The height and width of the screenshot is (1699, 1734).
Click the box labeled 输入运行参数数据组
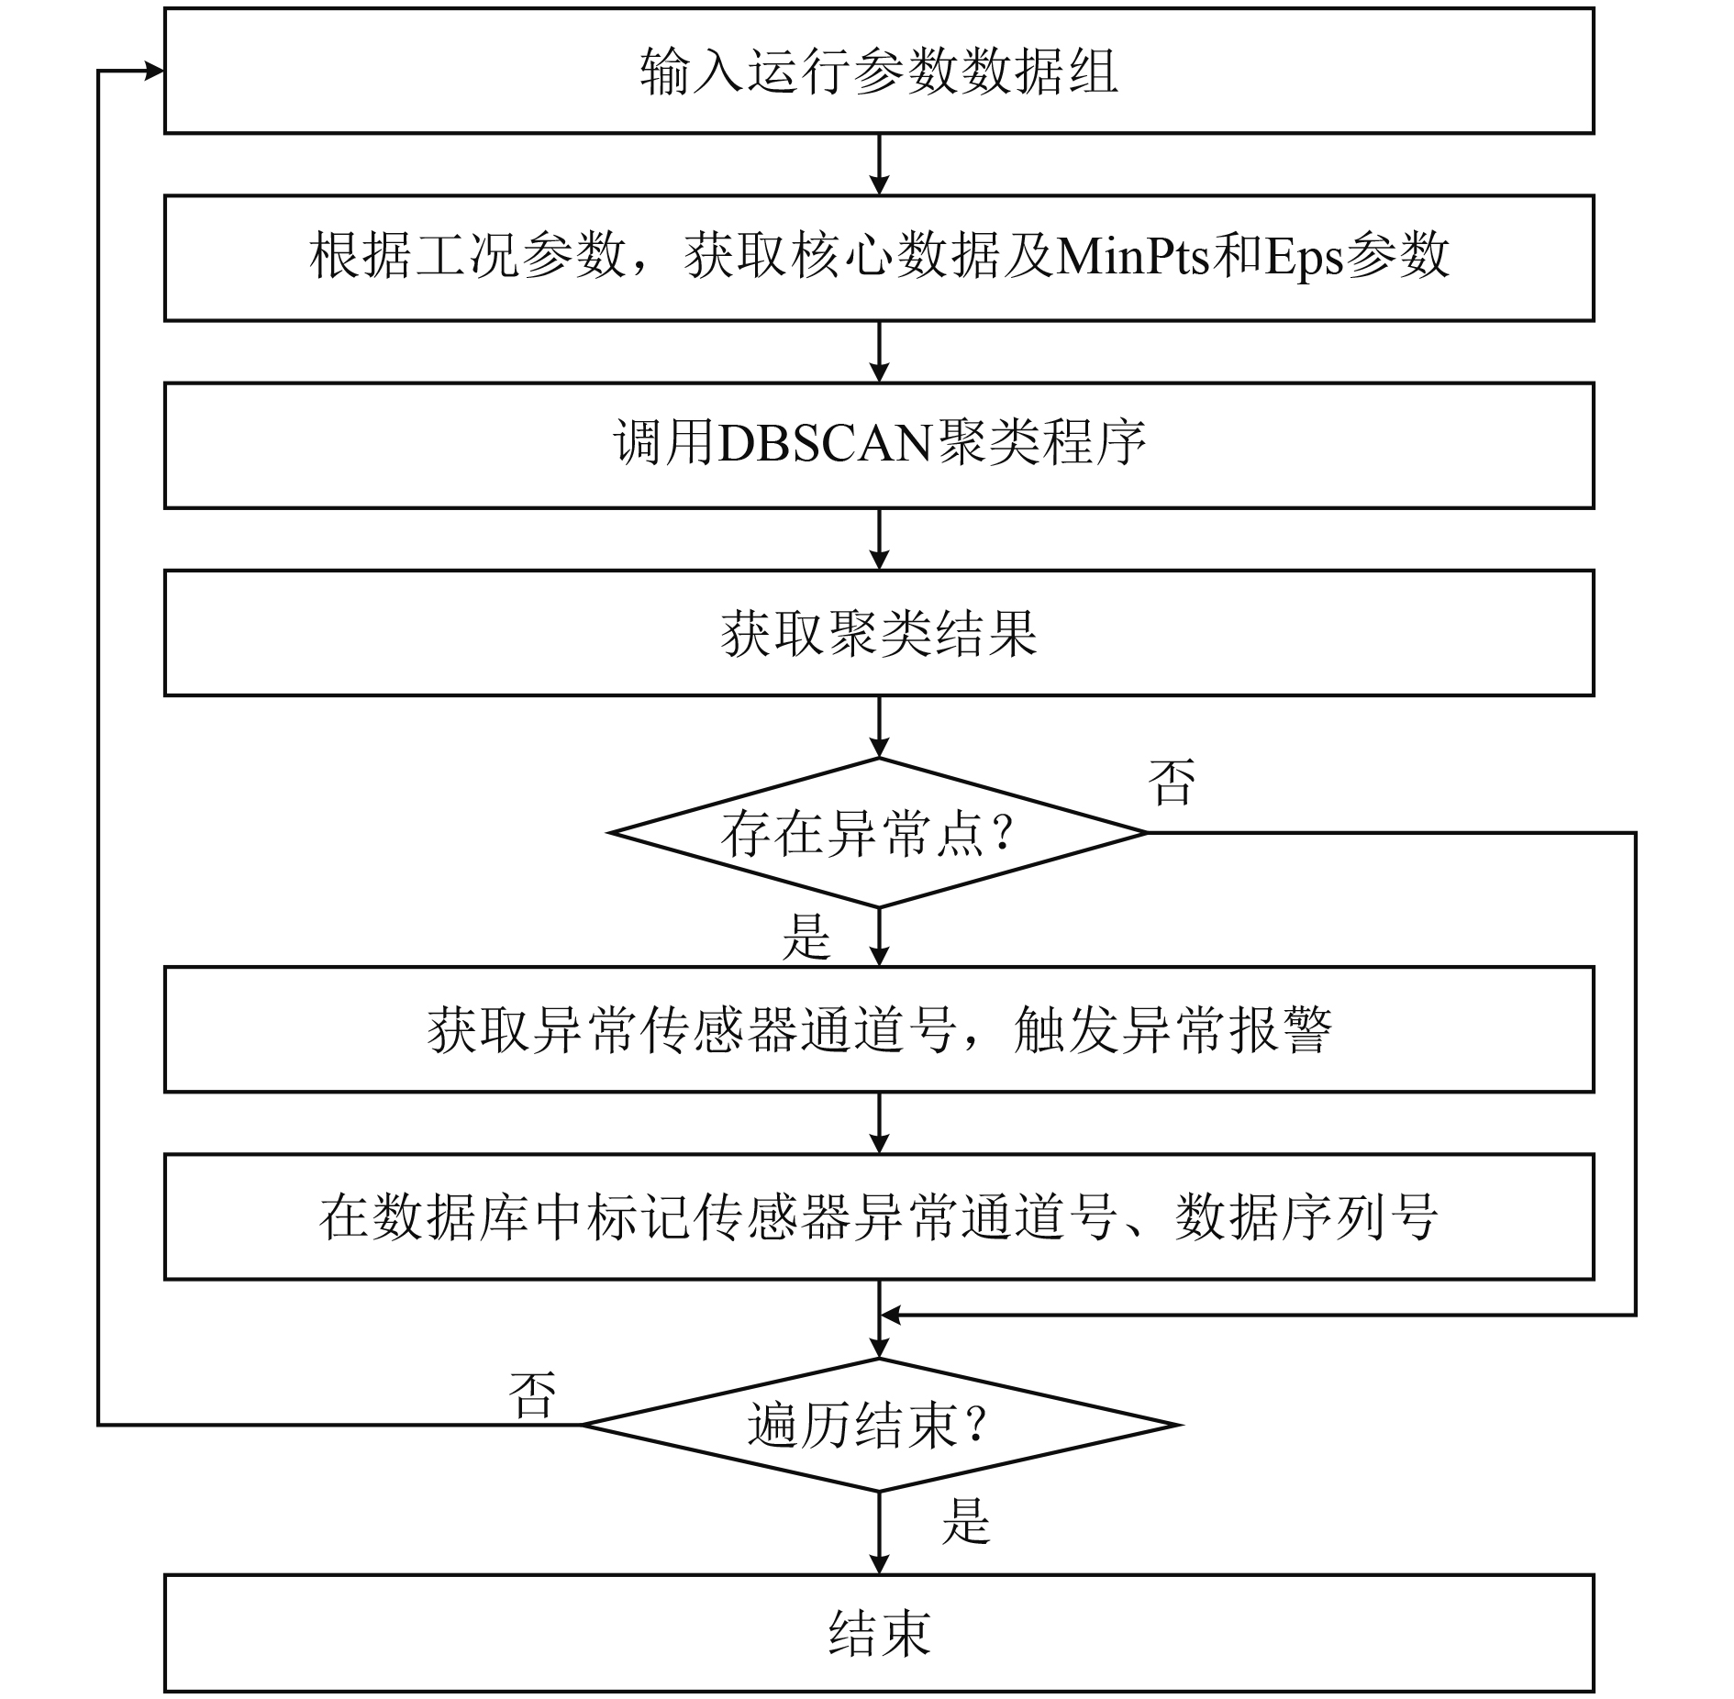click(878, 72)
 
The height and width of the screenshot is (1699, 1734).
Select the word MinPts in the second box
click(1132, 258)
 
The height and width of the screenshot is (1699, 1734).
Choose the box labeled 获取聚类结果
click(878, 633)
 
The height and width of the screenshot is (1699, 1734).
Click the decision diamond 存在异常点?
click(878, 833)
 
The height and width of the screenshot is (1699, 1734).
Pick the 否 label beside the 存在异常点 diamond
click(1172, 783)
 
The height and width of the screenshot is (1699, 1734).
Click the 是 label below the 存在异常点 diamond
click(806, 938)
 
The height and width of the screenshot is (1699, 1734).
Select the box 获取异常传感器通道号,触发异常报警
click(878, 1029)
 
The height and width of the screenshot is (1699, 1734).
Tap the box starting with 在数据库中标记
click(878, 1216)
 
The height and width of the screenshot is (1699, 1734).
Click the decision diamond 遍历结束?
click(878, 1425)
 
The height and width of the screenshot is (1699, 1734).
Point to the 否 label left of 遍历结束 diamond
click(532, 1395)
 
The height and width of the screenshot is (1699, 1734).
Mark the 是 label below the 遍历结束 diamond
click(965, 1521)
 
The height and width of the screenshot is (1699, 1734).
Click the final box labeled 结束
click(878, 1632)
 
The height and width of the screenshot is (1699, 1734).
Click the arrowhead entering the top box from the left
click(154, 72)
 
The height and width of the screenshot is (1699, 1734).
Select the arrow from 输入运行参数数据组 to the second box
click(879, 165)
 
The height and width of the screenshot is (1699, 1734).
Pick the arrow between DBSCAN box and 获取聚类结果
click(879, 539)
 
